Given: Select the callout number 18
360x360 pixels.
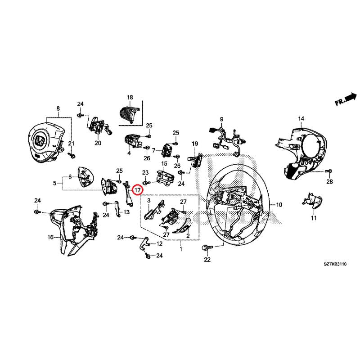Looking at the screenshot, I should point(130,97).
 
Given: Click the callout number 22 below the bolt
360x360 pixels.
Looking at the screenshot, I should point(207,260).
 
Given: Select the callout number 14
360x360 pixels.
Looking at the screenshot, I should point(301,118).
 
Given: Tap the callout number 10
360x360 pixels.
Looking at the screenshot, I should point(279,205).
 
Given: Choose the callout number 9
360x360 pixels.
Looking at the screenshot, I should point(221,119).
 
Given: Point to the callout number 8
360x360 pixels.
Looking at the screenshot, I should point(58,109).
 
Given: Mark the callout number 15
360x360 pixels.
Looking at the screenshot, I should point(164,163).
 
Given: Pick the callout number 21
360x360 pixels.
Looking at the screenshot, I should point(71,143).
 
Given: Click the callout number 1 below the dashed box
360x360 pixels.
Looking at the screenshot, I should point(181,248).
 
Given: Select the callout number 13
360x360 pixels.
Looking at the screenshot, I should point(126,212).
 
